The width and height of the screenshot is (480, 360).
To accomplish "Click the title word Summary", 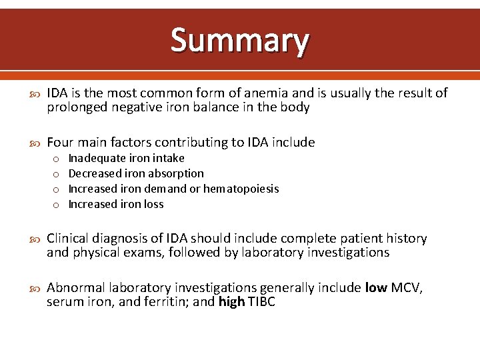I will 240,40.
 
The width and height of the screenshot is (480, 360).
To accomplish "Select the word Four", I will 60,142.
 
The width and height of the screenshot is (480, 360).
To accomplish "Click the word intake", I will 169,158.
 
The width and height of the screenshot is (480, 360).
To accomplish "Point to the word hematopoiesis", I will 241,189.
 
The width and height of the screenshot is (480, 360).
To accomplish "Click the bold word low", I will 375,287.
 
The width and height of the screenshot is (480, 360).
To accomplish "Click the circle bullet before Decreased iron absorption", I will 55,174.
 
